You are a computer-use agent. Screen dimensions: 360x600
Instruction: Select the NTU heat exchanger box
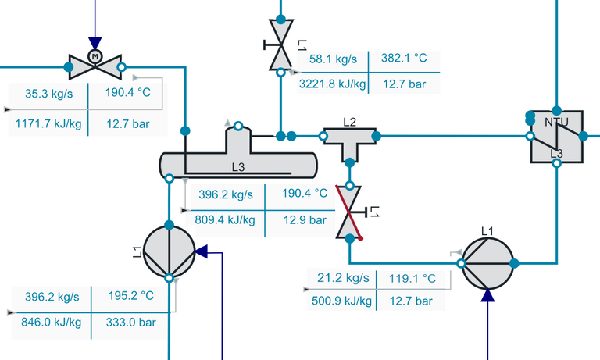(556, 136)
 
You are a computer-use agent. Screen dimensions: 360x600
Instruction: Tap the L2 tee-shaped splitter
(349, 140)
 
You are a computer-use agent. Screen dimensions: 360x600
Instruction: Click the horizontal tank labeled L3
(238, 162)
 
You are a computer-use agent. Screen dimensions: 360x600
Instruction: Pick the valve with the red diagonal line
(349, 212)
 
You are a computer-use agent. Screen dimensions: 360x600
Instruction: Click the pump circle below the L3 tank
(169, 251)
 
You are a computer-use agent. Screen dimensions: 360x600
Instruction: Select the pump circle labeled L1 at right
(487, 263)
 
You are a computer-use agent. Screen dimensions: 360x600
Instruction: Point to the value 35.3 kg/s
(48, 93)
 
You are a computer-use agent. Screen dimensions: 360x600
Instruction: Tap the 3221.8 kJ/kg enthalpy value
(333, 83)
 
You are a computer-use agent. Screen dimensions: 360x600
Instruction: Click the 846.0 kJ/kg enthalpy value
(52, 323)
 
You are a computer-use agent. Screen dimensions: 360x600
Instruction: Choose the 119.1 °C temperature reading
(420, 277)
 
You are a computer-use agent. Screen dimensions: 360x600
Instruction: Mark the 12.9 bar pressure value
(303, 220)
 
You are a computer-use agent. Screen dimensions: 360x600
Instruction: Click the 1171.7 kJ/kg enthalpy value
(48, 123)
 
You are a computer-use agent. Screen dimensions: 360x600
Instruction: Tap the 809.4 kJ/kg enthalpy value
(227, 220)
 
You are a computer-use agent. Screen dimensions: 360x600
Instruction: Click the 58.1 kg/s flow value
(333, 58)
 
